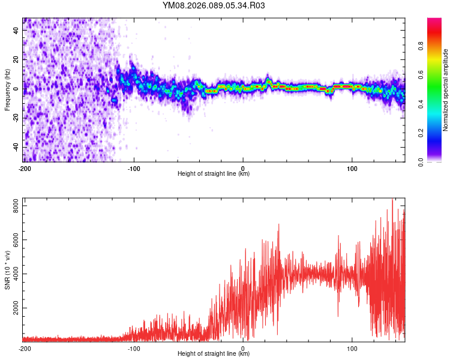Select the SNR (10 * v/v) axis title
[7, 269]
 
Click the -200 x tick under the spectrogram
[25, 168]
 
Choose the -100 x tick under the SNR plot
[134, 347]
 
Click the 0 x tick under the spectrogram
[243, 168]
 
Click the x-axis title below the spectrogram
[214, 174]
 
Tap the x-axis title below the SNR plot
[214, 353]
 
